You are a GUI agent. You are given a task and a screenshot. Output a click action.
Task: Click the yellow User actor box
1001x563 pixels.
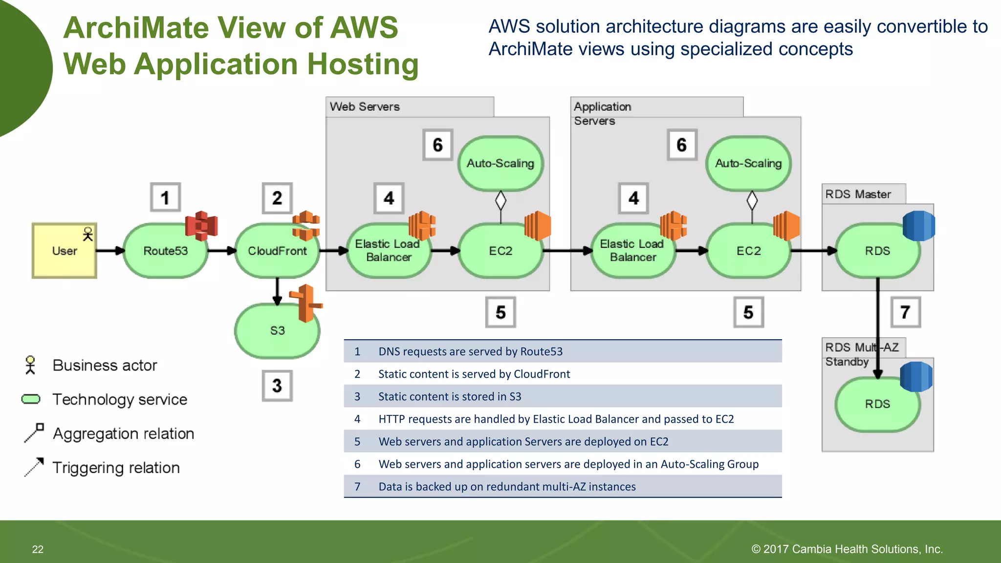tap(64, 251)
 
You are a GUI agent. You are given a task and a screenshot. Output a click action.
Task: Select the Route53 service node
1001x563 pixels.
tap(165, 251)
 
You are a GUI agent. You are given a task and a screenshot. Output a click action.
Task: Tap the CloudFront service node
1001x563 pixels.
tap(277, 251)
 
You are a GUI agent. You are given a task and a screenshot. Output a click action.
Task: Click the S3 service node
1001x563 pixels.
tap(277, 331)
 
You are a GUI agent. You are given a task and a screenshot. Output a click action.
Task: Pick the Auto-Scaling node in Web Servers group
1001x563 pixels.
tap(500, 163)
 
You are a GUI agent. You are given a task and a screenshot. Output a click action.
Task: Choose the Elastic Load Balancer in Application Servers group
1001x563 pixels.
tap(632, 251)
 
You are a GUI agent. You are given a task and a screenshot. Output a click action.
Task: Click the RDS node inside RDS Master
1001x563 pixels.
tap(877, 251)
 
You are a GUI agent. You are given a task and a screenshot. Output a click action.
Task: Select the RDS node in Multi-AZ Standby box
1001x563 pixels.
tap(877, 404)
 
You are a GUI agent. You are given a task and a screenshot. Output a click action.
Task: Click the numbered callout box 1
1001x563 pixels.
tap(165, 197)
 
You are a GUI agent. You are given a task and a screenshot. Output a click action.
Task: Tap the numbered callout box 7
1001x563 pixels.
tap(905, 312)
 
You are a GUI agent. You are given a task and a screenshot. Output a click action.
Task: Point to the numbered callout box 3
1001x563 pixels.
tap(277, 386)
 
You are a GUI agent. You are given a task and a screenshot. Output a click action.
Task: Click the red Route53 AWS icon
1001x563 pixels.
tap(201, 226)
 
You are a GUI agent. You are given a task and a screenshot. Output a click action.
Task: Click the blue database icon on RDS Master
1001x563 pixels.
tap(918, 226)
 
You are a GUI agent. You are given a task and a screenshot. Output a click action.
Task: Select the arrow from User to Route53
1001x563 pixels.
tap(110, 251)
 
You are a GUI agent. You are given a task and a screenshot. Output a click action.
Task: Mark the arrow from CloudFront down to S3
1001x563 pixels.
tap(277, 291)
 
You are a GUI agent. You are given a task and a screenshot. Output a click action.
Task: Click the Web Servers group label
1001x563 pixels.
tap(365, 107)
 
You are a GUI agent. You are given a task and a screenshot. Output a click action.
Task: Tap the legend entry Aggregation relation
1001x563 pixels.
tap(123, 434)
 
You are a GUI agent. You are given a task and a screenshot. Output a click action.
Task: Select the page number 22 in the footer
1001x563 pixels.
tap(38, 549)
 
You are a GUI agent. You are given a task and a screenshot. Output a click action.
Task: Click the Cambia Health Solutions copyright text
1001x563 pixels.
tap(847, 549)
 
